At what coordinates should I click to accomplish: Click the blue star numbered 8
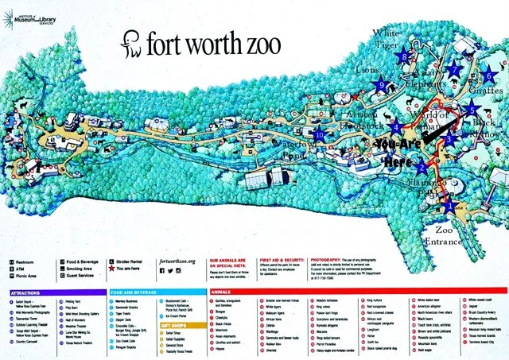click(405, 56)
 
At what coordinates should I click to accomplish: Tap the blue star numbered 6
click(488, 76)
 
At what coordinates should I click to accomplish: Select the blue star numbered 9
click(382, 85)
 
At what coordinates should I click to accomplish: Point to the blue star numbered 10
click(320, 134)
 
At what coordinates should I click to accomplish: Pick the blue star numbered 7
click(454, 69)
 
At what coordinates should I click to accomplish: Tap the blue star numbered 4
click(395, 126)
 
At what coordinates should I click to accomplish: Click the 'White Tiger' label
click(390, 39)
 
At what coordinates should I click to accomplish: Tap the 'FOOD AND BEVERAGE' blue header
click(136, 292)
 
